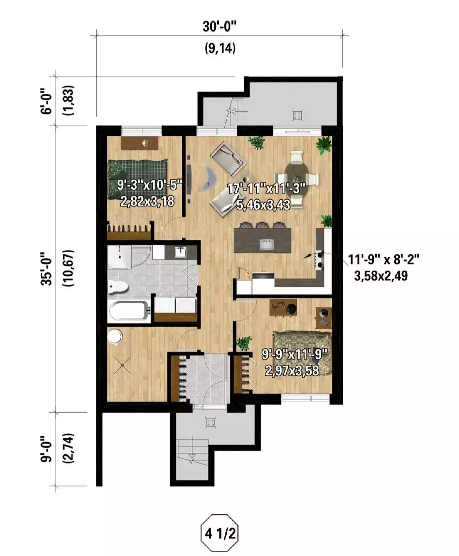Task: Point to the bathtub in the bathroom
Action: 129,312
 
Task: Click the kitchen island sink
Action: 266,245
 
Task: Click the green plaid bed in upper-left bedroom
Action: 138,179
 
